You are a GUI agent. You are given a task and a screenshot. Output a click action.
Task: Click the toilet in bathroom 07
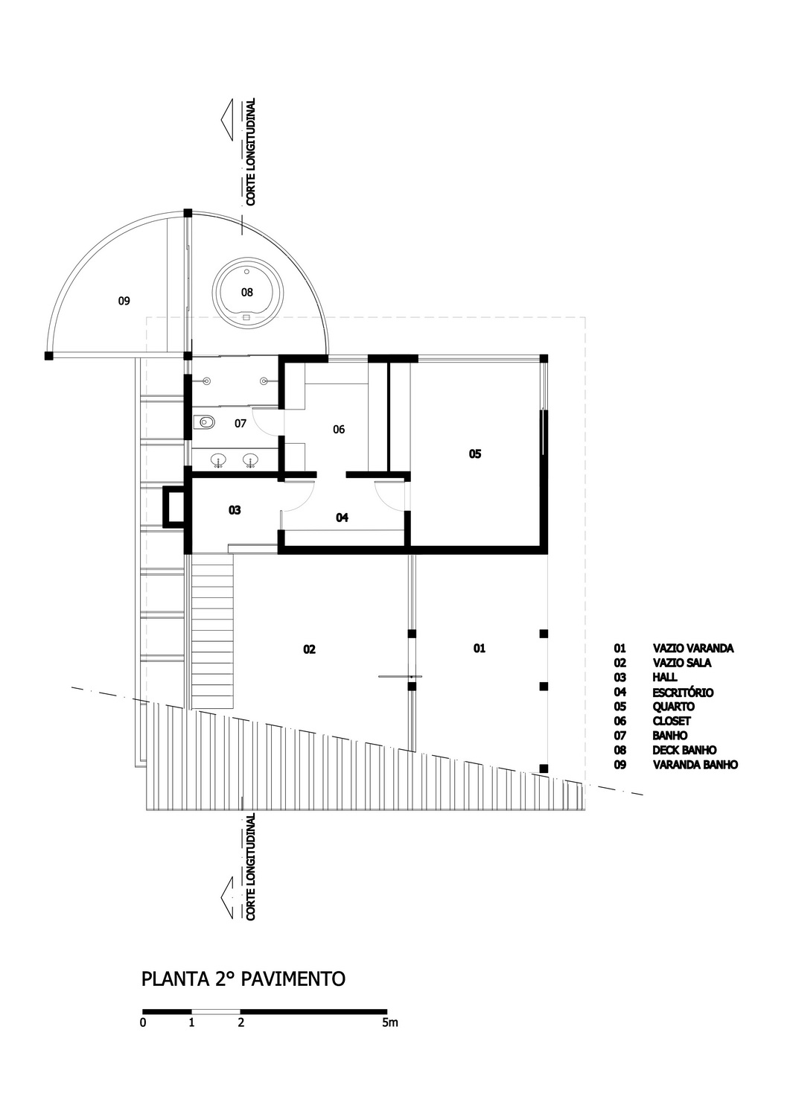(x=205, y=422)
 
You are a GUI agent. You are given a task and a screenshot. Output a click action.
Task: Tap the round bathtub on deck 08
(x=247, y=293)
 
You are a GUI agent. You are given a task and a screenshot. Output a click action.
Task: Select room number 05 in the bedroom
(x=475, y=454)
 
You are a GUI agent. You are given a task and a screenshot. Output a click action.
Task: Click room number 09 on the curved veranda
(x=124, y=301)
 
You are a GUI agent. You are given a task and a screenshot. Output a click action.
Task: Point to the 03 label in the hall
(x=235, y=510)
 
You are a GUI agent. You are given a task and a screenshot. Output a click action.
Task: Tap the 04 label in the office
(x=342, y=518)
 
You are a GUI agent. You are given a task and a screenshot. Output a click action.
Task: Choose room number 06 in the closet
(x=339, y=430)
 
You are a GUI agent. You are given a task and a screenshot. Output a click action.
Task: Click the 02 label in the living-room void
(x=309, y=649)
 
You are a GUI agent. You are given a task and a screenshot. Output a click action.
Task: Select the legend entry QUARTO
(x=673, y=707)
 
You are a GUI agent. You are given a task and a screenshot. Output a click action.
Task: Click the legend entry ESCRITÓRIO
(x=683, y=692)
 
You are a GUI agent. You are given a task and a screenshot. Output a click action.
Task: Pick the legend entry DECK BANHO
(x=684, y=750)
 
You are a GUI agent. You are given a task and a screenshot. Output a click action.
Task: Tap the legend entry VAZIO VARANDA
(x=692, y=649)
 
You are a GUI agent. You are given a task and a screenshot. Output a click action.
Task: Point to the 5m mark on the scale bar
(x=390, y=1022)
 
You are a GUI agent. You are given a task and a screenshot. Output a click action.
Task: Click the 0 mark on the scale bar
(x=143, y=1022)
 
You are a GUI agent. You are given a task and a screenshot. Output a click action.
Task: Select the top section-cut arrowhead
(x=227, y=120)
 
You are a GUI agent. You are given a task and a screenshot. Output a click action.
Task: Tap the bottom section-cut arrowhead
(x=227, y=897)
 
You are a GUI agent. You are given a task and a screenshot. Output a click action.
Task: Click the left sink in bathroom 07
(x=218, y=459)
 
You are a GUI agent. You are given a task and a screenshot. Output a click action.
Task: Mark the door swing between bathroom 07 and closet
(x=267, y=422)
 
